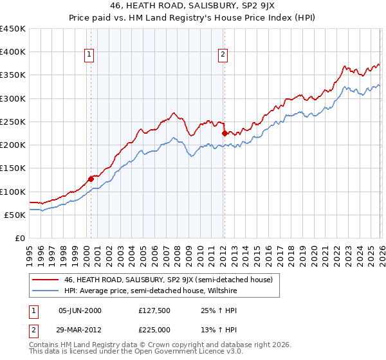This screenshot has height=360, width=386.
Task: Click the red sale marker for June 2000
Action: point(91,179)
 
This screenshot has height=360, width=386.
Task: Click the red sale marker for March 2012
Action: point(225,134)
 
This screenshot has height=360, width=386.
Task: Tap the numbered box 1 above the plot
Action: point(89,55)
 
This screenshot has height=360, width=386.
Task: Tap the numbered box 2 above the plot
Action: point(223,55)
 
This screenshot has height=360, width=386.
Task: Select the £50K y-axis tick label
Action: point(15,215)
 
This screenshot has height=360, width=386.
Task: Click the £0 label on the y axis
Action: point(20,238)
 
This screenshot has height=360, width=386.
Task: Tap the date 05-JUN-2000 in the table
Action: point(80,310)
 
